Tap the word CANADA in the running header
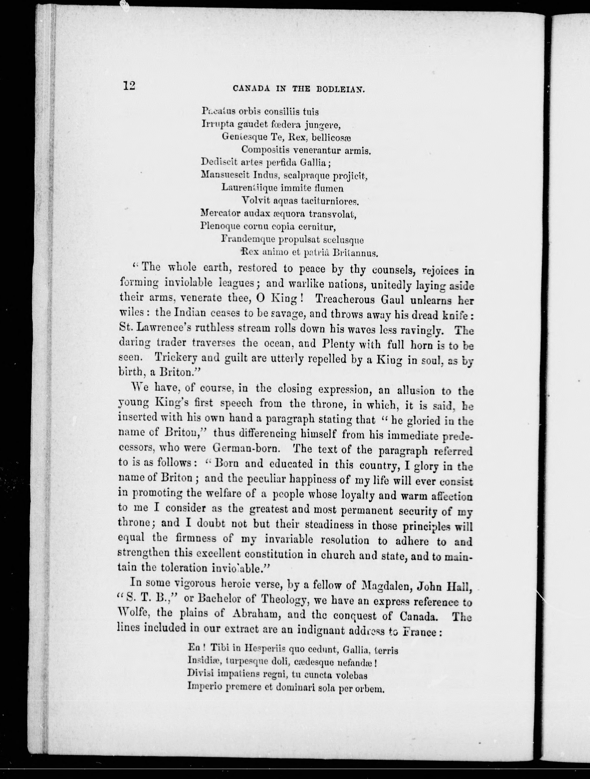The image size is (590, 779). (251, 89)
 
